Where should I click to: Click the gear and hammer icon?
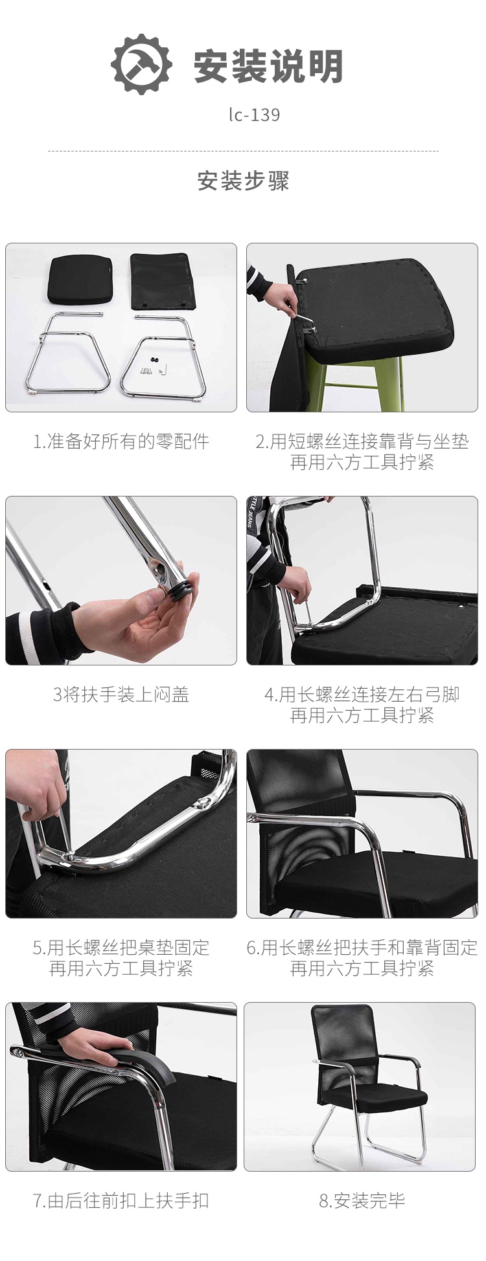tap(141, 65)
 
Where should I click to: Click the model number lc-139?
tap(254, 115)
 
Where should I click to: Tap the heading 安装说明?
tap(268, 65)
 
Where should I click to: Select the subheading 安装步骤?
tap(243, 181)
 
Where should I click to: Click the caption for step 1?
tap(121, 441)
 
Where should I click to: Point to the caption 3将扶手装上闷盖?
tap(121, 695)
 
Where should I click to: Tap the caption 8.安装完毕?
tap(362, 1201)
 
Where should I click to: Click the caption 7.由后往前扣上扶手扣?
tap(121, 1201)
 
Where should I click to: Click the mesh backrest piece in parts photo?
tap(163, 282)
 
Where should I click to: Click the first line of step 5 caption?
tap(121, 948)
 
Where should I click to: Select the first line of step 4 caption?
tap(362, 695)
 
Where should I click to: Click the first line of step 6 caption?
tap(362, 948)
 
